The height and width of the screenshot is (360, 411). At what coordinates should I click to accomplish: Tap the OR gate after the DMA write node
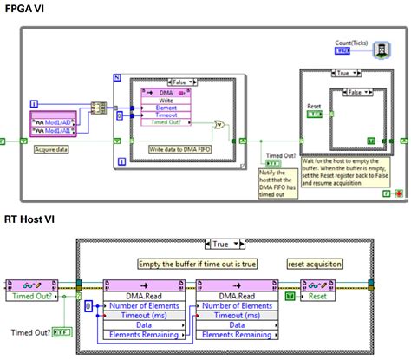222,128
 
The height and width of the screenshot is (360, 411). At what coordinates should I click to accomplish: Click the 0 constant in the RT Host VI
87,306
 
